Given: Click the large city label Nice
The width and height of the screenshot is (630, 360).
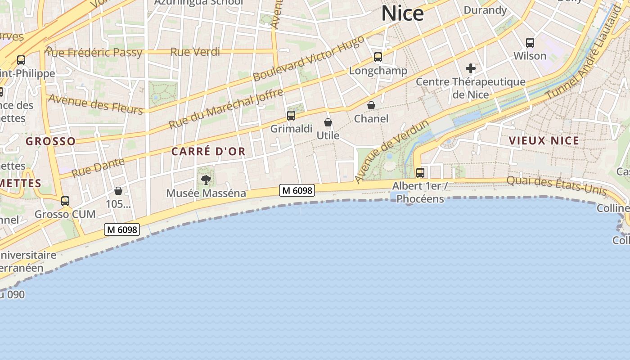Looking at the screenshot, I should pos(402,13).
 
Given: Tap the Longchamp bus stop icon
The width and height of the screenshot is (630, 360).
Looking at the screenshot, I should pos(378,57).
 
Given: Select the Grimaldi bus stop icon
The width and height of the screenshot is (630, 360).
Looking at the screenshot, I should pos(291,116).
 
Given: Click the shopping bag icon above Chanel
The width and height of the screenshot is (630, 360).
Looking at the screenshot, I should pos(371,105).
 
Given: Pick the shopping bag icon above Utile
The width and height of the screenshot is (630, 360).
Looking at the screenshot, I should pos(328,122).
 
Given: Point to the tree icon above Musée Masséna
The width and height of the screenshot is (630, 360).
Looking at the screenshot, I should pos(206,180).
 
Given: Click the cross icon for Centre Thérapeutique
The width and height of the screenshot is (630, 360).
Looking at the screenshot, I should pos(471,68).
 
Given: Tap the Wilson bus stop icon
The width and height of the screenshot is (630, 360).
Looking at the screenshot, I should pos(530,43).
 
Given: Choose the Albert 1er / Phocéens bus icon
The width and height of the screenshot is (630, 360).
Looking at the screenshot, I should pos(420,172).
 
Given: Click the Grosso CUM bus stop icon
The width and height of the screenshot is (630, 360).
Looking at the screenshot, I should pos(65,201).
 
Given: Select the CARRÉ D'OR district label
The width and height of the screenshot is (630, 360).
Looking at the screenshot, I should pos(208,151).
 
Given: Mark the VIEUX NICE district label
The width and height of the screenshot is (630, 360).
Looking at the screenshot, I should pos(544,141).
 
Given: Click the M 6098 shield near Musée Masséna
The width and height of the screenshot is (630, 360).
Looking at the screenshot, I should pos(297,190).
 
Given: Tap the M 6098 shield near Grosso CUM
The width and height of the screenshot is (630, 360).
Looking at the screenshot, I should pos(122,229).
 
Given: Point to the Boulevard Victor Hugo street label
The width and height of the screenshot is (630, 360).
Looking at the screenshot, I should pos(308,58).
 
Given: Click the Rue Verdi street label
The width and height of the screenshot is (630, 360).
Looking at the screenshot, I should pos(195,52).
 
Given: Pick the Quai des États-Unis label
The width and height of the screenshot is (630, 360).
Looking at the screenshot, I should pos(556,185).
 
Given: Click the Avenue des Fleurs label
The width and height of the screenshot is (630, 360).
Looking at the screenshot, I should pos(95,104).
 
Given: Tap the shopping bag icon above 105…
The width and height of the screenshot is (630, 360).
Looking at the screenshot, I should pos(118,191).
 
